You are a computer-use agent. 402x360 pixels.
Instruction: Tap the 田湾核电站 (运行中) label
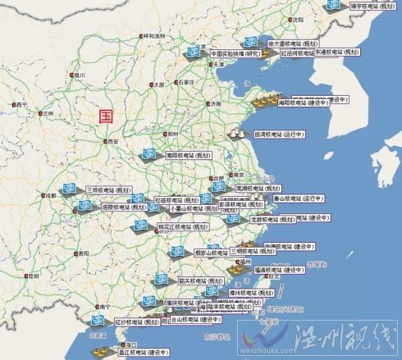point(281,133)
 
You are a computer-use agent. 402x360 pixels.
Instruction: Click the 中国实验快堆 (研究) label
point(235,54)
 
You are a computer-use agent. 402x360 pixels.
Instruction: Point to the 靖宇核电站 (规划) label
point(370,6)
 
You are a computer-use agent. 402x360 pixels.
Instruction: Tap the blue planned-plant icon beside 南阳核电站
point(150,153)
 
